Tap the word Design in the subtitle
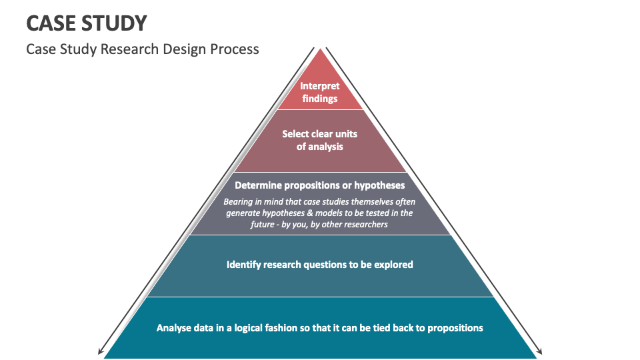tap(180, 49)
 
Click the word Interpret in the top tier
tap(320, 86)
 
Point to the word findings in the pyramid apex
tap(320, 99)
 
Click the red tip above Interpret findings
tap(321, 63)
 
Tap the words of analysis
tap(320, 147)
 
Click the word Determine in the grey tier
tap(259, 185)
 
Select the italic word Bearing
tap(238, 201)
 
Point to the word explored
tap(393, 265)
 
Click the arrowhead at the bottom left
tap(101, 353)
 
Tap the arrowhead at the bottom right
tap(540, 353)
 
